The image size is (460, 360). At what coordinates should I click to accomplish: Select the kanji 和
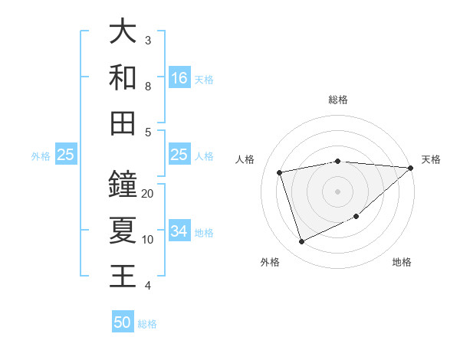(x=123, y=77)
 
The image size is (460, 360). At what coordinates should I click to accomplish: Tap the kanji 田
(x=123, y=123)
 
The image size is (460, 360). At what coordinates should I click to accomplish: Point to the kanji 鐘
(x=123, y=185)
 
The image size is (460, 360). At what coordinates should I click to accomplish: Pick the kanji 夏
(x=123, y=230)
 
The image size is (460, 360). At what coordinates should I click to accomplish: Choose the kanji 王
(x=123, y=276)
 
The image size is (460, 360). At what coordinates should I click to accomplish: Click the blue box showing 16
(x=179, y=78)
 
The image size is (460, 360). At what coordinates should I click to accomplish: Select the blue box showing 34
(x=179, y=232)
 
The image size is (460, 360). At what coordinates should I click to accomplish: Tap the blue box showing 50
(x=123, y=322)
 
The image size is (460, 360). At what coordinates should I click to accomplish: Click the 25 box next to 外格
(x=66, y=155)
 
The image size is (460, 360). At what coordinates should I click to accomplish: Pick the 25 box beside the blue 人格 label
(x=179, y=155)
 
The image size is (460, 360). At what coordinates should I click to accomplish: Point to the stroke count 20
(x=148, y=193)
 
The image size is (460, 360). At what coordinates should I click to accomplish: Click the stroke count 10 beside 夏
(x=148, y=239)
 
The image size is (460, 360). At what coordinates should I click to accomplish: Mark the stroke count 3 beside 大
(x=148, y=40)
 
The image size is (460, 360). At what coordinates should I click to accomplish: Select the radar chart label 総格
(x=338, y=100)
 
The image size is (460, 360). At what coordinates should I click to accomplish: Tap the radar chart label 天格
(x=431, y=159)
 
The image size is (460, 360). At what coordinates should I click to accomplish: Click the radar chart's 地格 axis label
(x=402, y=262)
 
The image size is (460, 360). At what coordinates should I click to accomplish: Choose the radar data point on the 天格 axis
(x=411, y=168)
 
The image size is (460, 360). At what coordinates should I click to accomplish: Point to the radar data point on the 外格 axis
(x=301, y=242)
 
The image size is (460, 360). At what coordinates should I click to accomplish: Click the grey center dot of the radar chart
(x=338, y=191)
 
